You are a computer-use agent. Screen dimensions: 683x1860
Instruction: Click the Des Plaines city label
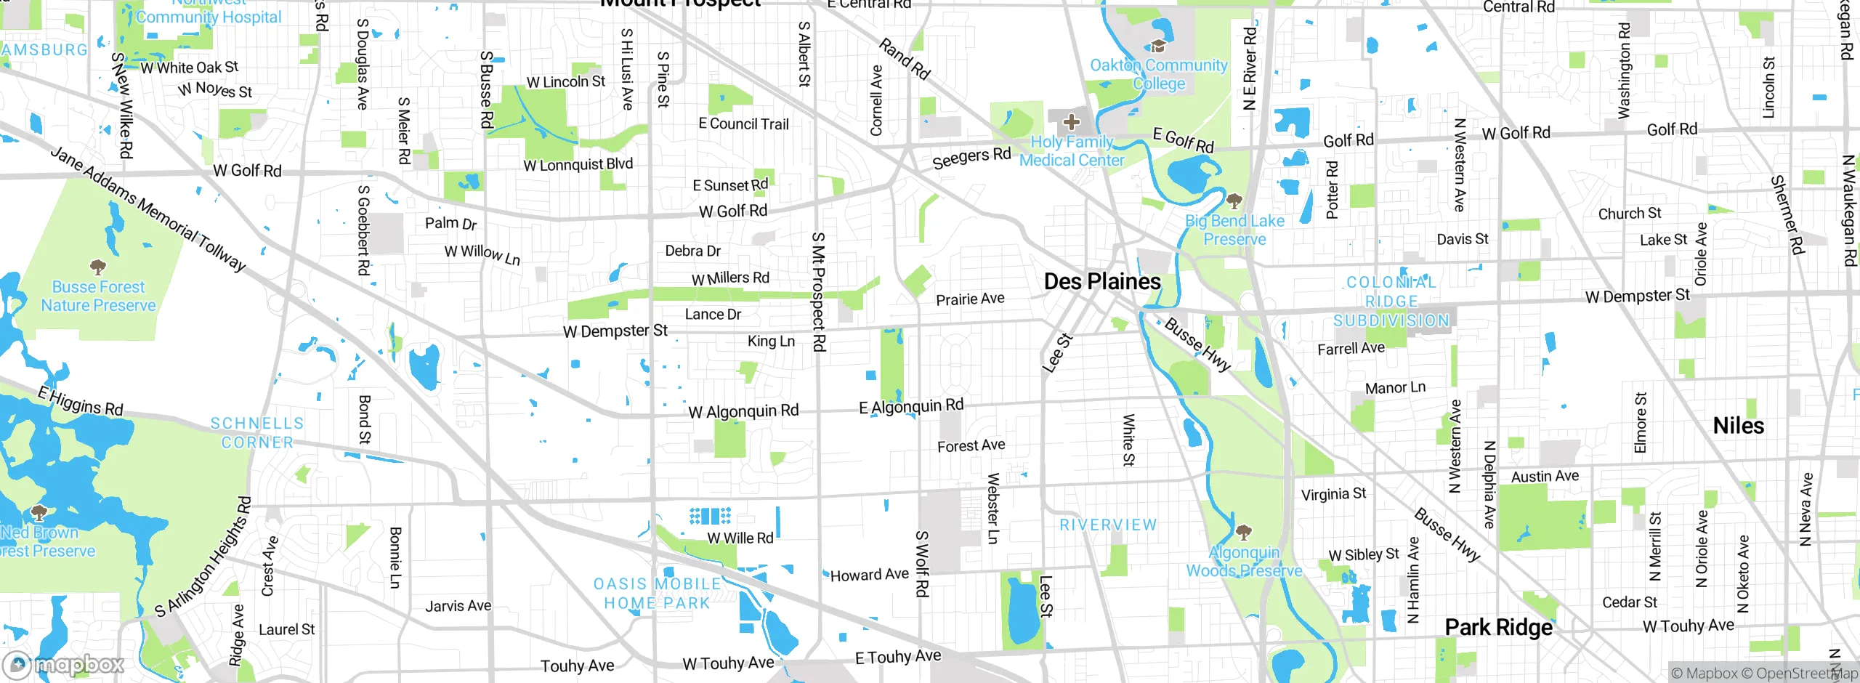coord(1101,282)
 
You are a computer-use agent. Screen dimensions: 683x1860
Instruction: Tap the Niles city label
coord(1738,426)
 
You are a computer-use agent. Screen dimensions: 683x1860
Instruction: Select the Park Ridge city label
coord(1498,627)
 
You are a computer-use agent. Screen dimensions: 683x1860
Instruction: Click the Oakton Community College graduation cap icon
coord(1158,47)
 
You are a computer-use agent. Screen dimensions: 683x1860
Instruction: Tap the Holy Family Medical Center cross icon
coord(1071,122)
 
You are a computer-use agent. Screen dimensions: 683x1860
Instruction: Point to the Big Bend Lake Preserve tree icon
coord(1234,201)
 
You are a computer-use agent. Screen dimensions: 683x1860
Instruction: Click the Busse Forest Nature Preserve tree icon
coord(97,267)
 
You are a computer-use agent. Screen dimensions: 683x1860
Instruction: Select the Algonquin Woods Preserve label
coord(1244,562)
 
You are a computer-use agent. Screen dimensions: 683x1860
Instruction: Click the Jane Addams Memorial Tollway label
coord(148,209)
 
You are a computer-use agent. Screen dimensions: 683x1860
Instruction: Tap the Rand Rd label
coord(905,59)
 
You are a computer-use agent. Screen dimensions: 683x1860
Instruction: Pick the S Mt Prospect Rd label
coord(818,291)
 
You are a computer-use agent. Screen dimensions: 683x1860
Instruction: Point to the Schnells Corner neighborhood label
coord(257,433)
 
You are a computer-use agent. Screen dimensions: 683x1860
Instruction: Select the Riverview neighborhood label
coord(1108,525)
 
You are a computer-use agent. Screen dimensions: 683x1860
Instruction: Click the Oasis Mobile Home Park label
coord(657,594)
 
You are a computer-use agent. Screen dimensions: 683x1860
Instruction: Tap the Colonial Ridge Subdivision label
coord(1391,302)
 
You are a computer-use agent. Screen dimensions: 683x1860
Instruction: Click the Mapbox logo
coord(63,664)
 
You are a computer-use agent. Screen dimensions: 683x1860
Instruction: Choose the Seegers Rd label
coord(971,158)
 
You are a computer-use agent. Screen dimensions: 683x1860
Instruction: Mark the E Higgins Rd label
coord(81,401)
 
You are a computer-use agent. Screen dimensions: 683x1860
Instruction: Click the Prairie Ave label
coord(970,299)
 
